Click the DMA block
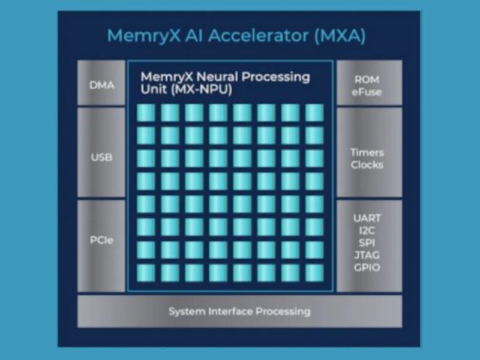point(101,85)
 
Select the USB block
point(101,158)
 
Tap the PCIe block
point(101,241)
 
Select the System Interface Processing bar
point(239,311)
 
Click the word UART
point(367,218)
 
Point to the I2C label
point(367,230)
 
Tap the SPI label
point(367,243)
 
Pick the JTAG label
point(367,256)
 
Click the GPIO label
point(367,268)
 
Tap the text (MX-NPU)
point(200,89)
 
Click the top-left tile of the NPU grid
point(146,112)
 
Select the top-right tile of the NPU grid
point(314,112)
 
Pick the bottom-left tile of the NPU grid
point(146,272)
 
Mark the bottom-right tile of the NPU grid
point(314,272)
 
